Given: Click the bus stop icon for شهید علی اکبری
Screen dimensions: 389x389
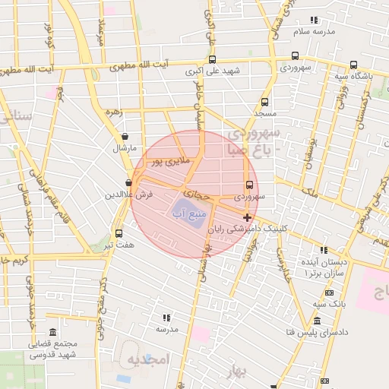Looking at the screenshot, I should pyautogui.click(x=212, y=60).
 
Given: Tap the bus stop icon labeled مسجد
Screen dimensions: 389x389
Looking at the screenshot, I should pyautogui.click(x=264, y=102).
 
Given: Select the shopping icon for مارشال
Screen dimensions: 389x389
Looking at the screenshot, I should pyautogui.click(x=124, y=137).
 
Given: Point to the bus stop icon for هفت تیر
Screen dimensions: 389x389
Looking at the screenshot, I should pyautogui.click(x=119, y=233).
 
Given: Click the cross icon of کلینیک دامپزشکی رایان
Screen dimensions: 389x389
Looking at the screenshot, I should pyautogui.click(x=248, y=217).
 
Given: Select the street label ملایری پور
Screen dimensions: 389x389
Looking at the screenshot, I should pyautogui.click(x=167, y=161).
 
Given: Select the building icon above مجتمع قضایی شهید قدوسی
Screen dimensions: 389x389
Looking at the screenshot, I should pyautogui.click(x=52, y=333).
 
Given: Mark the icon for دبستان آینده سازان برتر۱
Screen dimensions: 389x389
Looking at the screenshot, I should pyautogui.click(x=325, y=250).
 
